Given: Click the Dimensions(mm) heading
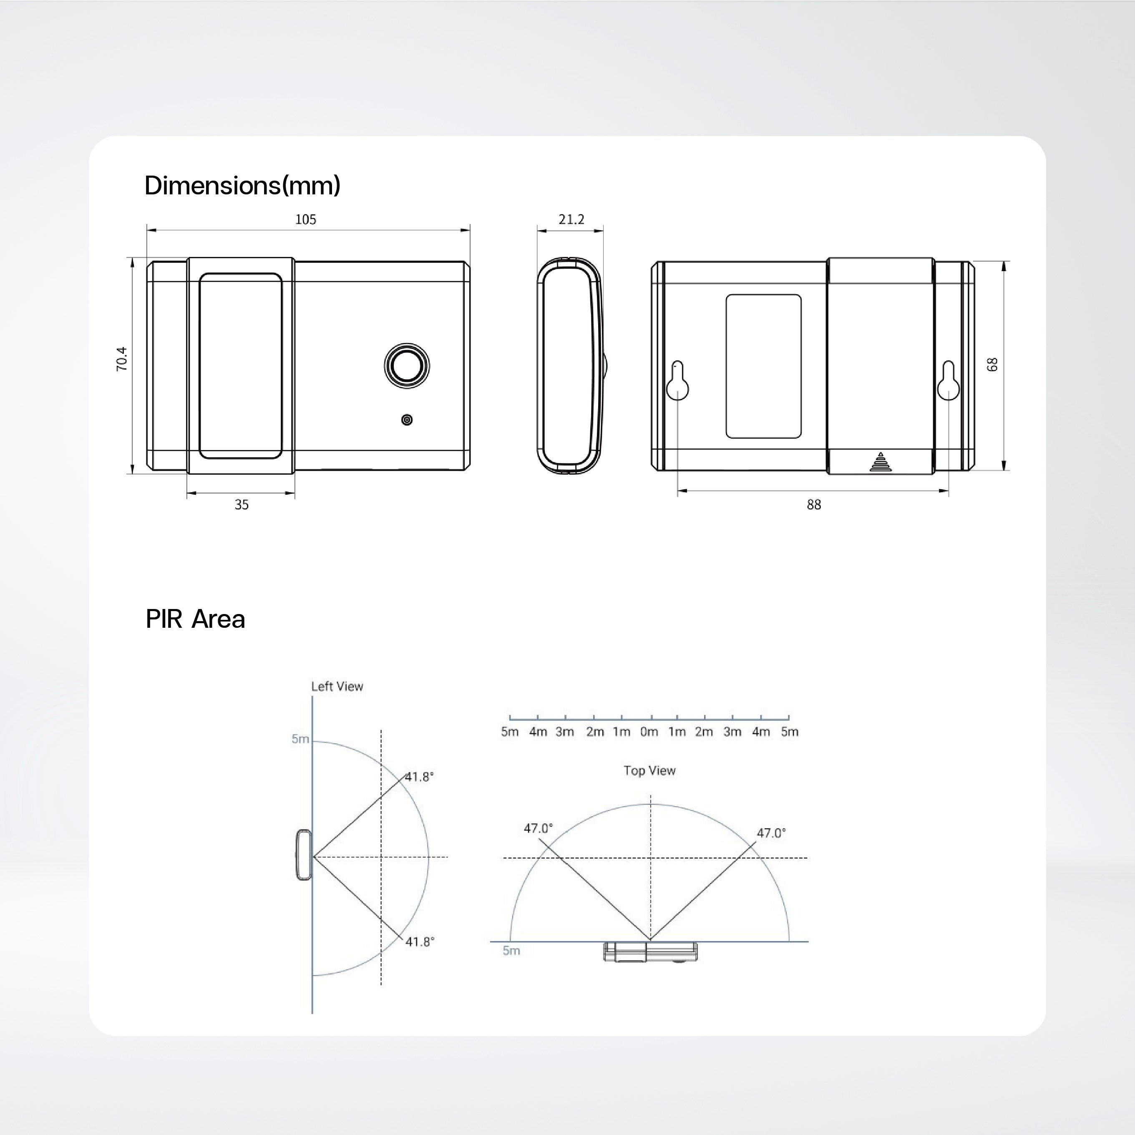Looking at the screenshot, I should point(242,186).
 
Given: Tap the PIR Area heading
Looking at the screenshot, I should point(195,619).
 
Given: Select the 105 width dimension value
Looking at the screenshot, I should point(305,220).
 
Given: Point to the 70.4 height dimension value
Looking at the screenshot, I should point(122,359).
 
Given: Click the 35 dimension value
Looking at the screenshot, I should point(242,505).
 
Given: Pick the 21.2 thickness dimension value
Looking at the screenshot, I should point(571,220).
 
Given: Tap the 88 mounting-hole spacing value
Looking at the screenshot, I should point(814,505).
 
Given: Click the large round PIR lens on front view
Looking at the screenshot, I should point(407,365).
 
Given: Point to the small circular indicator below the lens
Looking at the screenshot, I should point(407,420).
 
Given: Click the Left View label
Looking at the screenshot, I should point(337,686).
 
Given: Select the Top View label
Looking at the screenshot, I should point(650,770).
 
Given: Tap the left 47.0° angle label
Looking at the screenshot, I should point(538,828).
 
